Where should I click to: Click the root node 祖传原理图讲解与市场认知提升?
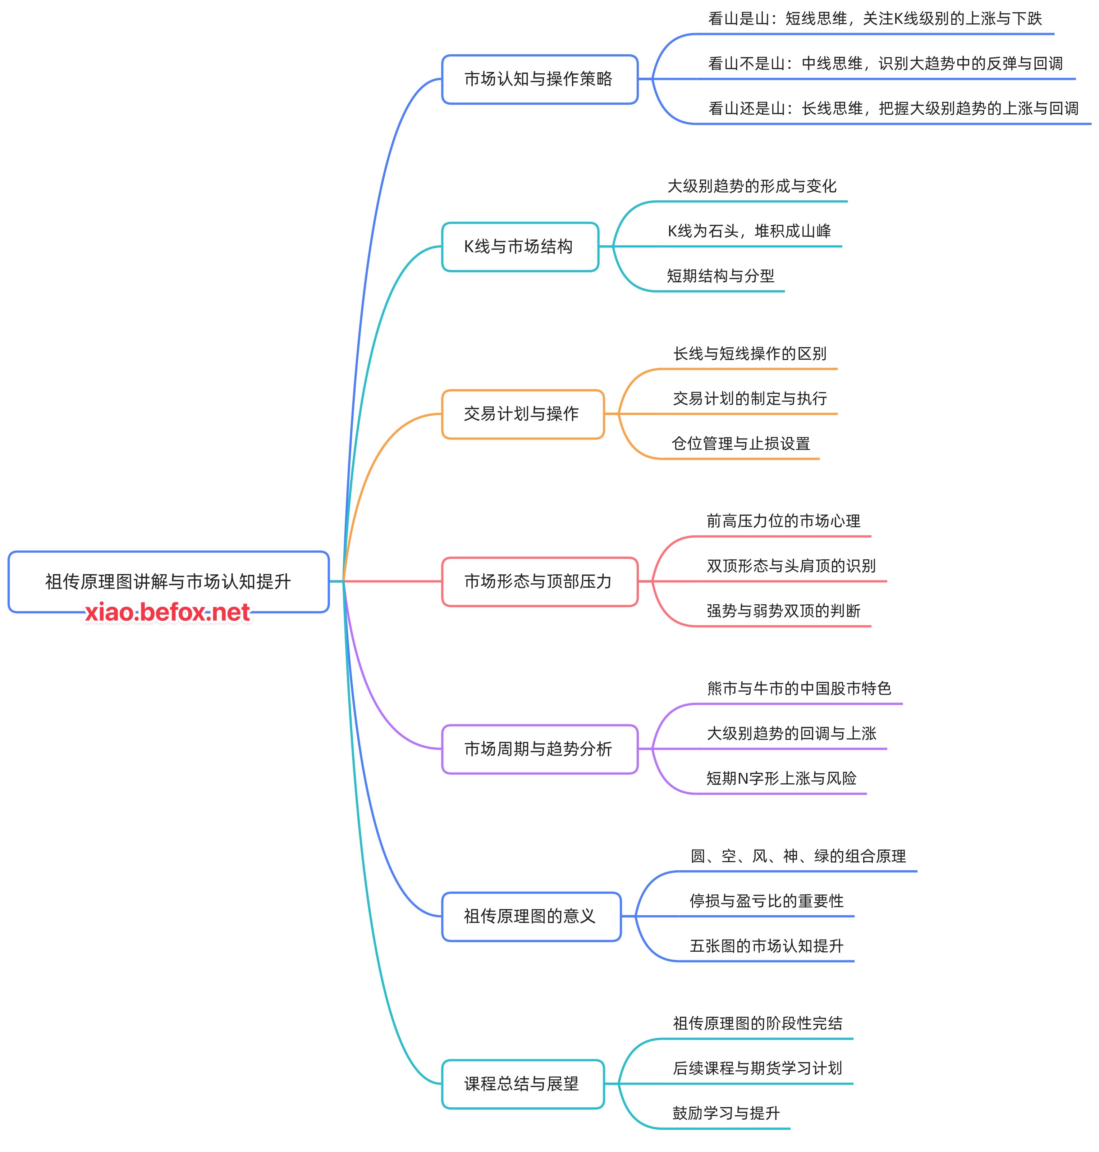tap(168, 581)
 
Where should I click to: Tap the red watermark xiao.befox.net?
tap(168, 613)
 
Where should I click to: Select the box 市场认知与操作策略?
tap(539, 79)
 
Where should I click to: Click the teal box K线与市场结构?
tap(519, 247)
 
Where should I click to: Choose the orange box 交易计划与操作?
tap(522, 414)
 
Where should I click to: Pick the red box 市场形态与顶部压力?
tap(539, 581)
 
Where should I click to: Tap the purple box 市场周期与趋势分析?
tap(539, 749)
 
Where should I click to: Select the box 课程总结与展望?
tap(522, 1083)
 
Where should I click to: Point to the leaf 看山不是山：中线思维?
tap(885, 63)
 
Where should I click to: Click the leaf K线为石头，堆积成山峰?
tap(749, 231)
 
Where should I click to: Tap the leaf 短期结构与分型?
tap(720, 276)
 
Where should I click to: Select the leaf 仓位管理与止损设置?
tap(741, 443)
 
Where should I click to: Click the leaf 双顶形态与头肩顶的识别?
tap(791, 565)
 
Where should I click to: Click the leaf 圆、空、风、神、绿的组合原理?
tap(798, 856)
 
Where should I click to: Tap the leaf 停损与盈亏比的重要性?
tap(766, 901)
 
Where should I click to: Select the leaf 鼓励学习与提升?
tap(726, 1113)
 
